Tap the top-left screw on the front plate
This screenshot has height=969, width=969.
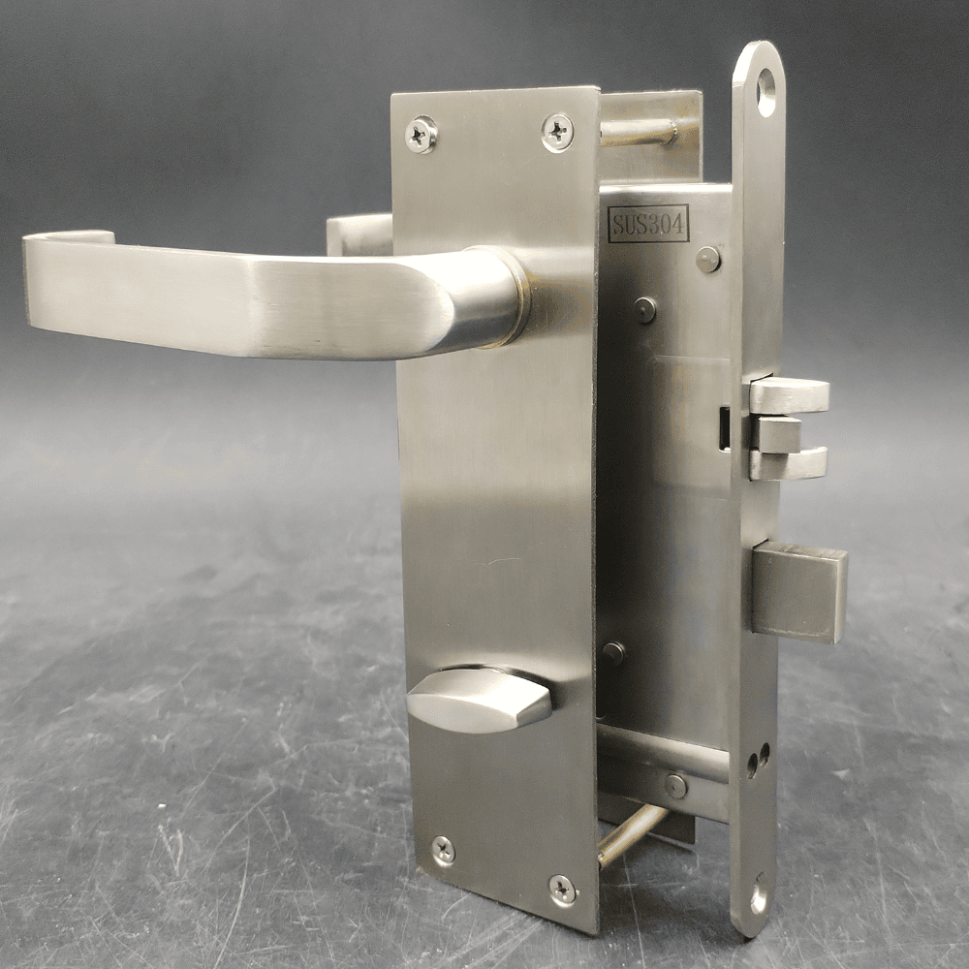pos(421,134)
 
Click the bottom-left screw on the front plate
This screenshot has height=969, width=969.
pos(444,850)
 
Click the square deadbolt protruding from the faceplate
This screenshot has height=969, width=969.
pos(799,591)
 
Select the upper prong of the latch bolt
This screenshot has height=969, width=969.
pos(790,395)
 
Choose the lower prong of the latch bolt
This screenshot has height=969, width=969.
pos(789,464)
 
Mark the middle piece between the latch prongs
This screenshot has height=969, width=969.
pos(778,432)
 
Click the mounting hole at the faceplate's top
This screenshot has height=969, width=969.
pos(766,93)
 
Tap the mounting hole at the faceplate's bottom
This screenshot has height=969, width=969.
pos(759,896)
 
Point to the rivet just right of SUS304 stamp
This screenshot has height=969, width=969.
pos(708,259)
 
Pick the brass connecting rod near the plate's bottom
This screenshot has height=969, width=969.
pos(630,835)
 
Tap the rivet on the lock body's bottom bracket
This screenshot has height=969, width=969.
pos(675,786)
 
